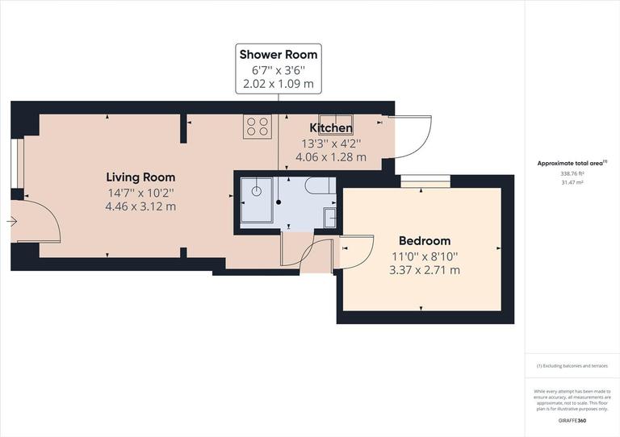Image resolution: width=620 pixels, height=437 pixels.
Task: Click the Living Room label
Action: point(140,177)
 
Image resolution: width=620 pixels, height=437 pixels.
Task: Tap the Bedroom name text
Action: point(425,241)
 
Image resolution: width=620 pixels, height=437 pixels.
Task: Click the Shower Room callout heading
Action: point(279,55)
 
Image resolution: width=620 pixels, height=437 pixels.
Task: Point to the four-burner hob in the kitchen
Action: point(258,127)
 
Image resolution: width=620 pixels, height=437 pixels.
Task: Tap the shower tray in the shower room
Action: point(256,198)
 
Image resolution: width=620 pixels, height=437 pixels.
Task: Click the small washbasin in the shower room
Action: point(329,217)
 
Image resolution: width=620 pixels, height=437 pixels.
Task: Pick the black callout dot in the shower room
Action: point(279,203)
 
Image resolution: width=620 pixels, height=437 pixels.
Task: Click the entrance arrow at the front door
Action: point(12,221)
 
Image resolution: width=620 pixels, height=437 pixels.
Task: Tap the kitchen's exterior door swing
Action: point(411,136)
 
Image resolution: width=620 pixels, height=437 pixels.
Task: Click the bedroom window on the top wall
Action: point(425,181)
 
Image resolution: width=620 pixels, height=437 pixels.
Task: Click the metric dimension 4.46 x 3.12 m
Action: point(140,206)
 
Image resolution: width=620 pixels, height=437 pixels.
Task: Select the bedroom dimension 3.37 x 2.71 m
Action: point(425,270)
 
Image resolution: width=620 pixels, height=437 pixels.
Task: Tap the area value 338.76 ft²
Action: point(572,173)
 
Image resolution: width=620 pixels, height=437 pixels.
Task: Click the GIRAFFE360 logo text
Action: point(572,422)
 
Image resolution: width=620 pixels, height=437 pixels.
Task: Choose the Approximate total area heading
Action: point(572,163)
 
